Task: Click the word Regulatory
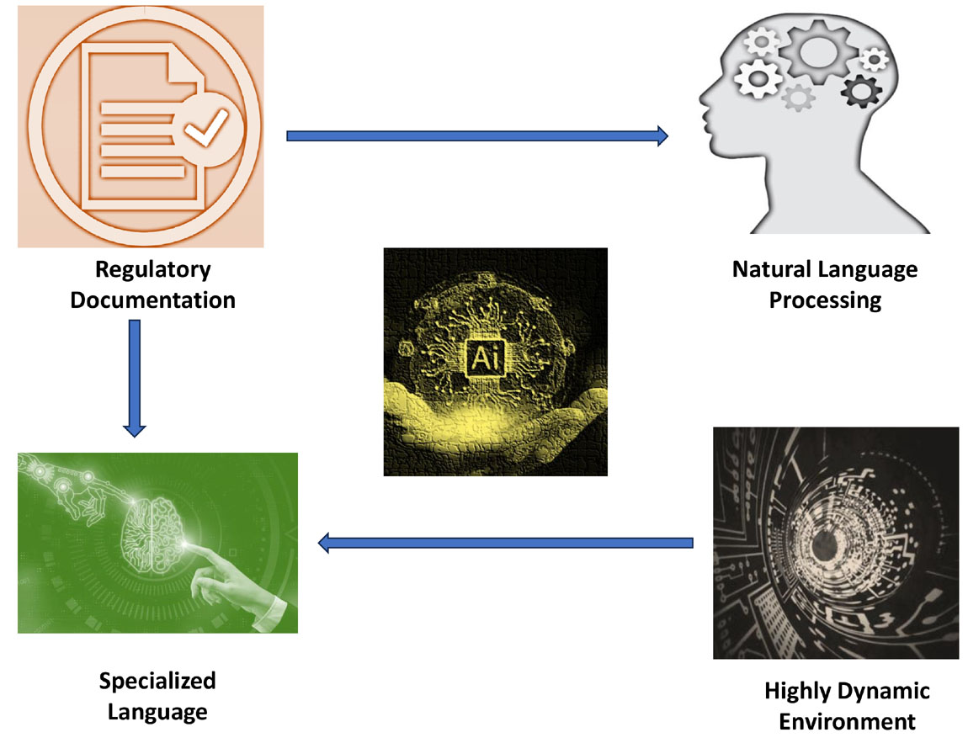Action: [152, 270]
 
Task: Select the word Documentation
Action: [152, 300]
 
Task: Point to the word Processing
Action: [825, 300]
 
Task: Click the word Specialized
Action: [157, 681]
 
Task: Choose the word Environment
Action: [847, 721]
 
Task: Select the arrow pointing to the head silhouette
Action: [476, 135]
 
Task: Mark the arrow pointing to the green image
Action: [505, 544]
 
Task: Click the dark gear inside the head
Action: [860, 88]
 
